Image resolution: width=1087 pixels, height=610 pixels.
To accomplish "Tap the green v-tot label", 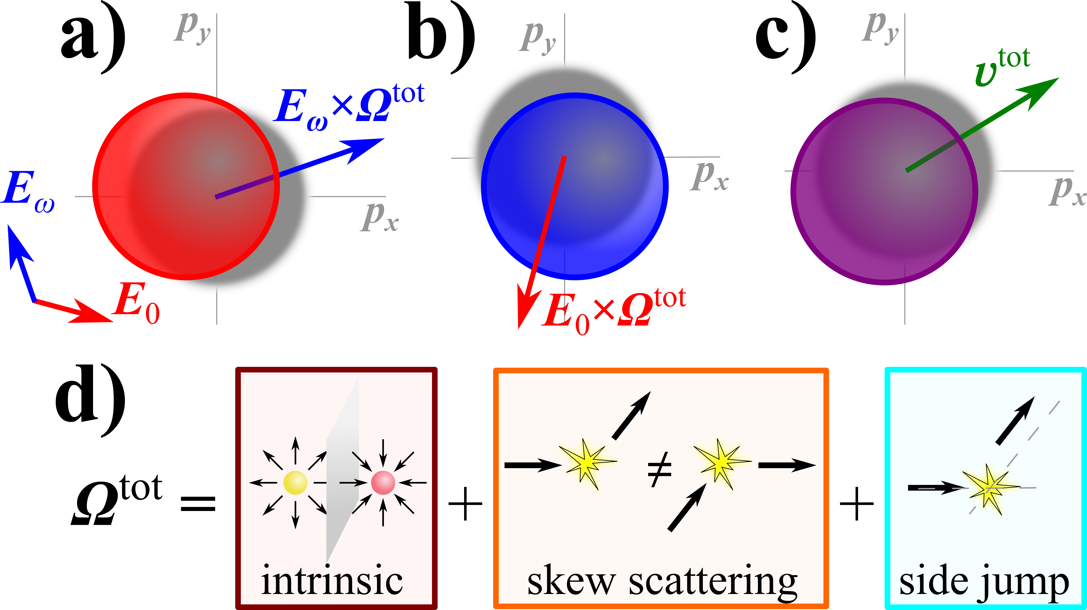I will (x=1002, y=67).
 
